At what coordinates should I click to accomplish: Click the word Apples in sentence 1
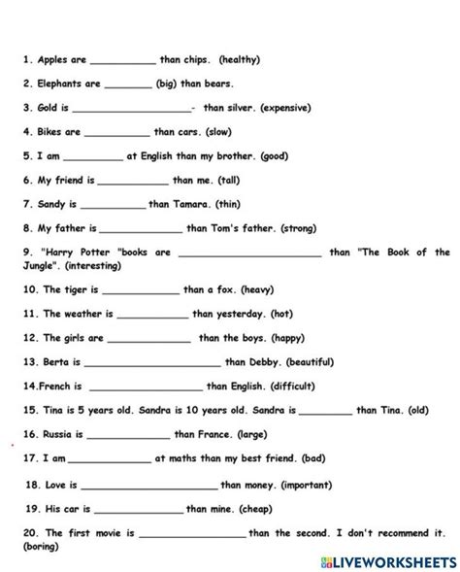[x=52, y=59]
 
